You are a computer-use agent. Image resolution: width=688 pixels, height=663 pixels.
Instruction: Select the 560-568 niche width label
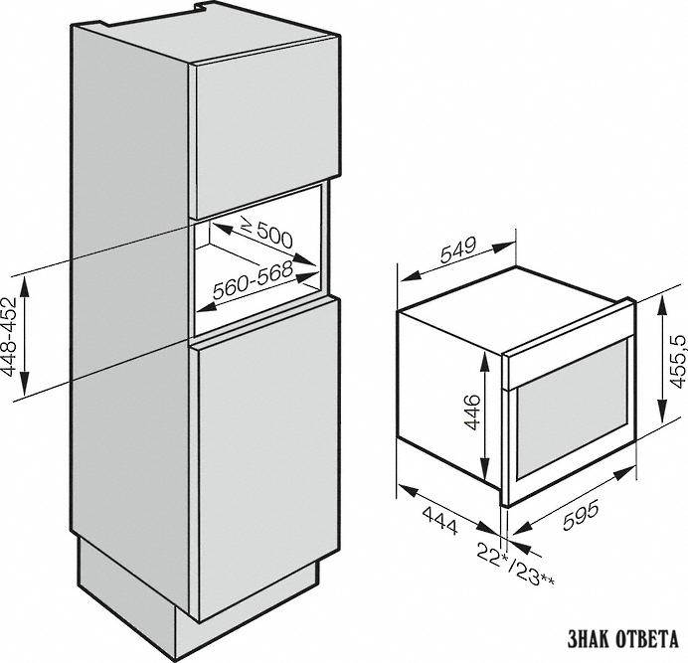tap(253, 280)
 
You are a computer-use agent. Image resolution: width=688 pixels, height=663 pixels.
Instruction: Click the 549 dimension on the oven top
tap(458, 249)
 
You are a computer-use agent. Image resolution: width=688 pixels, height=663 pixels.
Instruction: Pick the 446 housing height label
tap(472, 413)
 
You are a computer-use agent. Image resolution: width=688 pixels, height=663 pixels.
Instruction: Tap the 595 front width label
tap(580, 516)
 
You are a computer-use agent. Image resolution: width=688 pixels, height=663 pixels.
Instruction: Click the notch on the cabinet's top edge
tap(202, 8)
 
